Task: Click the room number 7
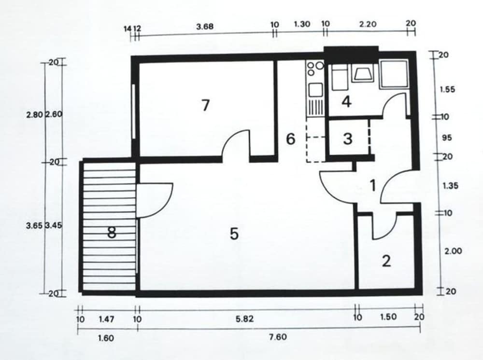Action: (x=205, y=105)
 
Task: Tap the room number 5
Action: (x=234, y=234)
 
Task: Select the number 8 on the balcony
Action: (x=112, y=232)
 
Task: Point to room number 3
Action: (x=348, y=138)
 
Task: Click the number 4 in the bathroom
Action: (x=347, y=101)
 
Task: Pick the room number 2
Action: (x=386, y=261)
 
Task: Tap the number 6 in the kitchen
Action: (x=290, y=139)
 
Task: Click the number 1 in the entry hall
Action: (x=373, y=185)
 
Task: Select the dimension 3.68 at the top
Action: (x=205, y=27)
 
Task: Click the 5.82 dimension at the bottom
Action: (x=244, y=319)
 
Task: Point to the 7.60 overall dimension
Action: (x=278, y=337)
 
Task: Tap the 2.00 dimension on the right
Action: (x=453, y=251)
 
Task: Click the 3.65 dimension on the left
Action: (x=34, y=225)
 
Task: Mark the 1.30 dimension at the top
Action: (x=302, y=24)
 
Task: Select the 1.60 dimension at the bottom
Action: (x=106, y=338)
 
